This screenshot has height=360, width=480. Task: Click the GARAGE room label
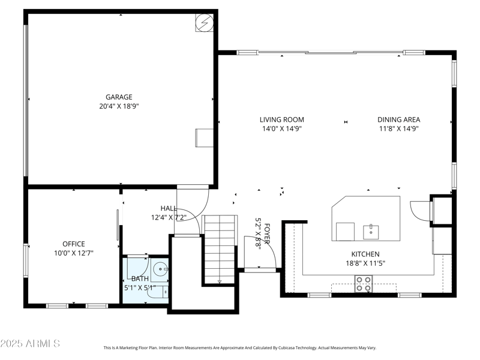coord(119,97)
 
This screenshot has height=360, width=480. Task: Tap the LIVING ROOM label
coord(282,119)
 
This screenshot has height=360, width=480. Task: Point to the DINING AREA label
coord(399,119)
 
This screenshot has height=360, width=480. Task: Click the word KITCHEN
coord(365,254)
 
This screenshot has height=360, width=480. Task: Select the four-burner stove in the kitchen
coord(363,283)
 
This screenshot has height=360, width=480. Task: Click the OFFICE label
coord(73,244)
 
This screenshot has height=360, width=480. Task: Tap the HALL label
coord(168,208)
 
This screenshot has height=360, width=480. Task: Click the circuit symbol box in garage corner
coord(204,23)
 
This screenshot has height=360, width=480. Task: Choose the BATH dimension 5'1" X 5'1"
coord(140,287)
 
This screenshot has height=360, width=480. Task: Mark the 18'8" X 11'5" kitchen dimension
coord(365,263)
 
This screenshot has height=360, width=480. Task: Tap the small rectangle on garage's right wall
coord(202,138)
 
